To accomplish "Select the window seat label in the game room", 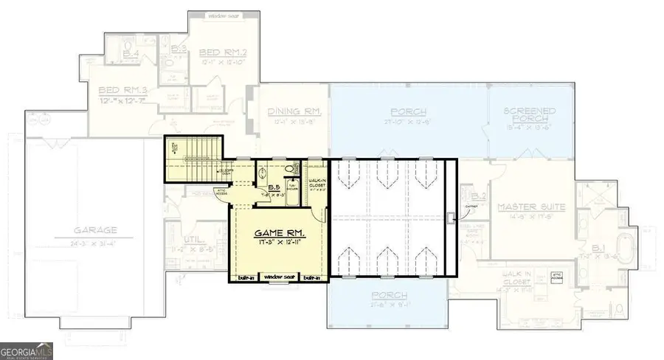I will coord(278,278).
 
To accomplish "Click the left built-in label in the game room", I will coord(246,278).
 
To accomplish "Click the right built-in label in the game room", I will coord(311,278).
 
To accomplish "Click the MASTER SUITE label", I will coord(530,207).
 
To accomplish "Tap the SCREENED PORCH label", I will coord(529,116).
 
